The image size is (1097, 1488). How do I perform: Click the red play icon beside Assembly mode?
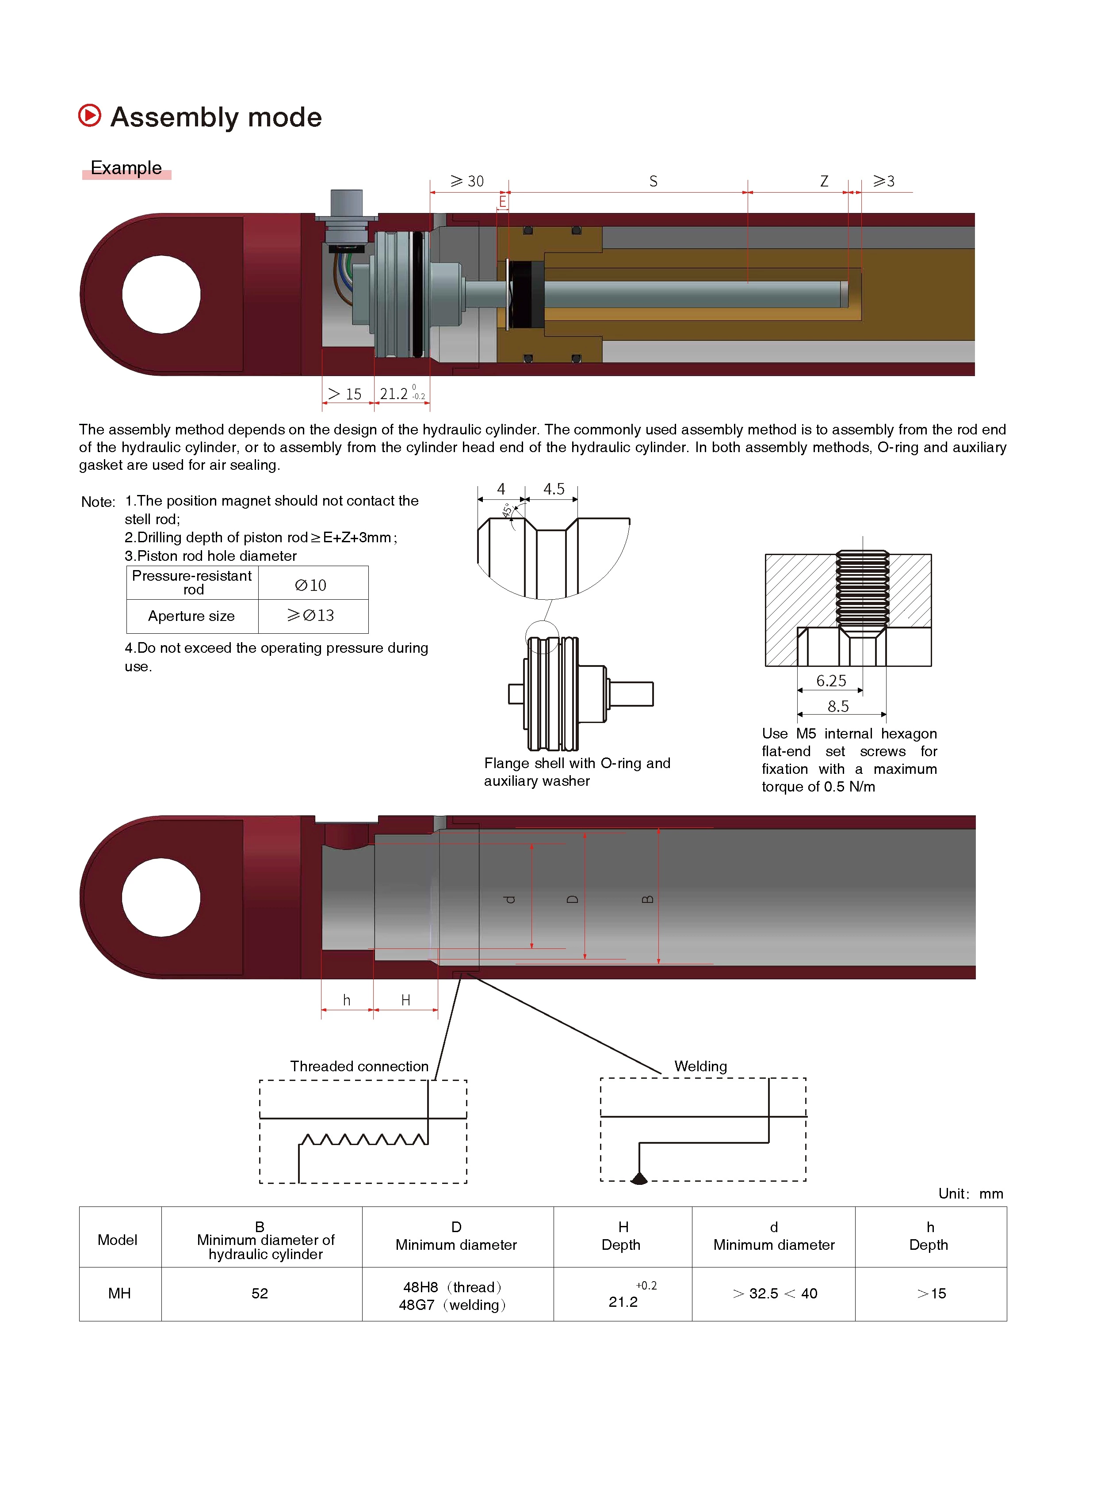pos(90,115)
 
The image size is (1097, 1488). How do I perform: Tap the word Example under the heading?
pos(126,168)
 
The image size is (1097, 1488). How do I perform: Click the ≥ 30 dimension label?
pos(467,181)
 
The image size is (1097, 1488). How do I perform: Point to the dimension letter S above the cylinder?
pos(654,181)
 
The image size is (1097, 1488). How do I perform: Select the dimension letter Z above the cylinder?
pos(824,181)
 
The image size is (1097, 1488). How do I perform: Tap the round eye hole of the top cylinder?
pos(161,294)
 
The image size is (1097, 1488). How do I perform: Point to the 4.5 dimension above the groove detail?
pos(554,489)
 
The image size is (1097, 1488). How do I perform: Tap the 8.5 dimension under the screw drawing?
pos(838,706)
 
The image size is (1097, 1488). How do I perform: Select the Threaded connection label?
pos(359,1066)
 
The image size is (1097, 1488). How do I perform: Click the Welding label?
pos(700,1066)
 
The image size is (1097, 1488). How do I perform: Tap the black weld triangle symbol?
pos(639,1179)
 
